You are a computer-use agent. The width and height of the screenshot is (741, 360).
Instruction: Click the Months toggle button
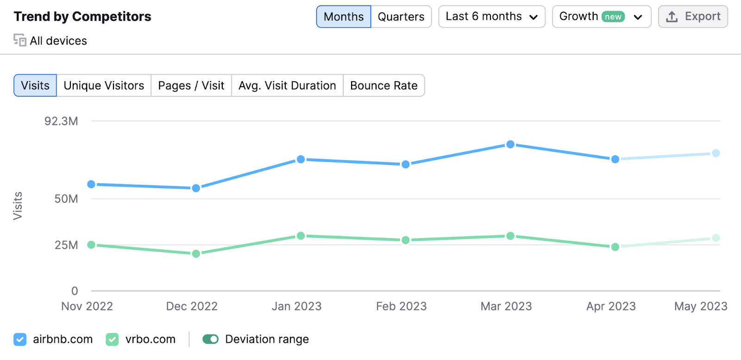[343, 17]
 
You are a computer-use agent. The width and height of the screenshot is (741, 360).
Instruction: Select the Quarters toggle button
[401, 17]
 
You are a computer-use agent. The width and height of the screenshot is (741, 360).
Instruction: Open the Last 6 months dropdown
[491, 17]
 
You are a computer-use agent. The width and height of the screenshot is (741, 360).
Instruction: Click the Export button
[693, 17]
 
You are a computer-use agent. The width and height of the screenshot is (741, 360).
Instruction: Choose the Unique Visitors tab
[104, 85]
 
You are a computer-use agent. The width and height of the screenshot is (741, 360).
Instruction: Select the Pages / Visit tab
[191, 85]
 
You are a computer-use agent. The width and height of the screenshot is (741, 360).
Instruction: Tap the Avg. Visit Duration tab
[287, 85]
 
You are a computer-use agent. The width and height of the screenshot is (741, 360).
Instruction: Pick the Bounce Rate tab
[384, 85]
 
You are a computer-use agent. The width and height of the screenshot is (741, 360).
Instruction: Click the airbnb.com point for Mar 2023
[510, 144]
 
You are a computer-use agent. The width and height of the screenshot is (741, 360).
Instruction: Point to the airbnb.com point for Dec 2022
[196, 188]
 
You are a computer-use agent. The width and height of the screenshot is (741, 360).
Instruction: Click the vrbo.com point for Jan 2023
[301, 235]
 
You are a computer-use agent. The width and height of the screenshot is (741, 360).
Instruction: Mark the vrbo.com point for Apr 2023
[615, 247]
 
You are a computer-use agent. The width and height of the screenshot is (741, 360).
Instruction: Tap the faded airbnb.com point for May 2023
[716, 153]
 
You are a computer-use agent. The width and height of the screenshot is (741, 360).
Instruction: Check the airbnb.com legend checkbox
[20, 339]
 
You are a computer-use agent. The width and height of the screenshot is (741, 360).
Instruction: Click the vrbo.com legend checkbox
[112, 339]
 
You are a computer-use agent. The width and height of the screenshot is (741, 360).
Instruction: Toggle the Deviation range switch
[210, 339]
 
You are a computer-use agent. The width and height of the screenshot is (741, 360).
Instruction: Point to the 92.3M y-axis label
[61, 121]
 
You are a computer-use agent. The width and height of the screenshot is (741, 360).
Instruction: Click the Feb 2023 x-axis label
[401, 306]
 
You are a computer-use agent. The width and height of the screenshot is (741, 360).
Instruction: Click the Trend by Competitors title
[82, 17]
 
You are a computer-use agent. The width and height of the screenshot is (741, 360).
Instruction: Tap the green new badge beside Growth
[613, 17]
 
